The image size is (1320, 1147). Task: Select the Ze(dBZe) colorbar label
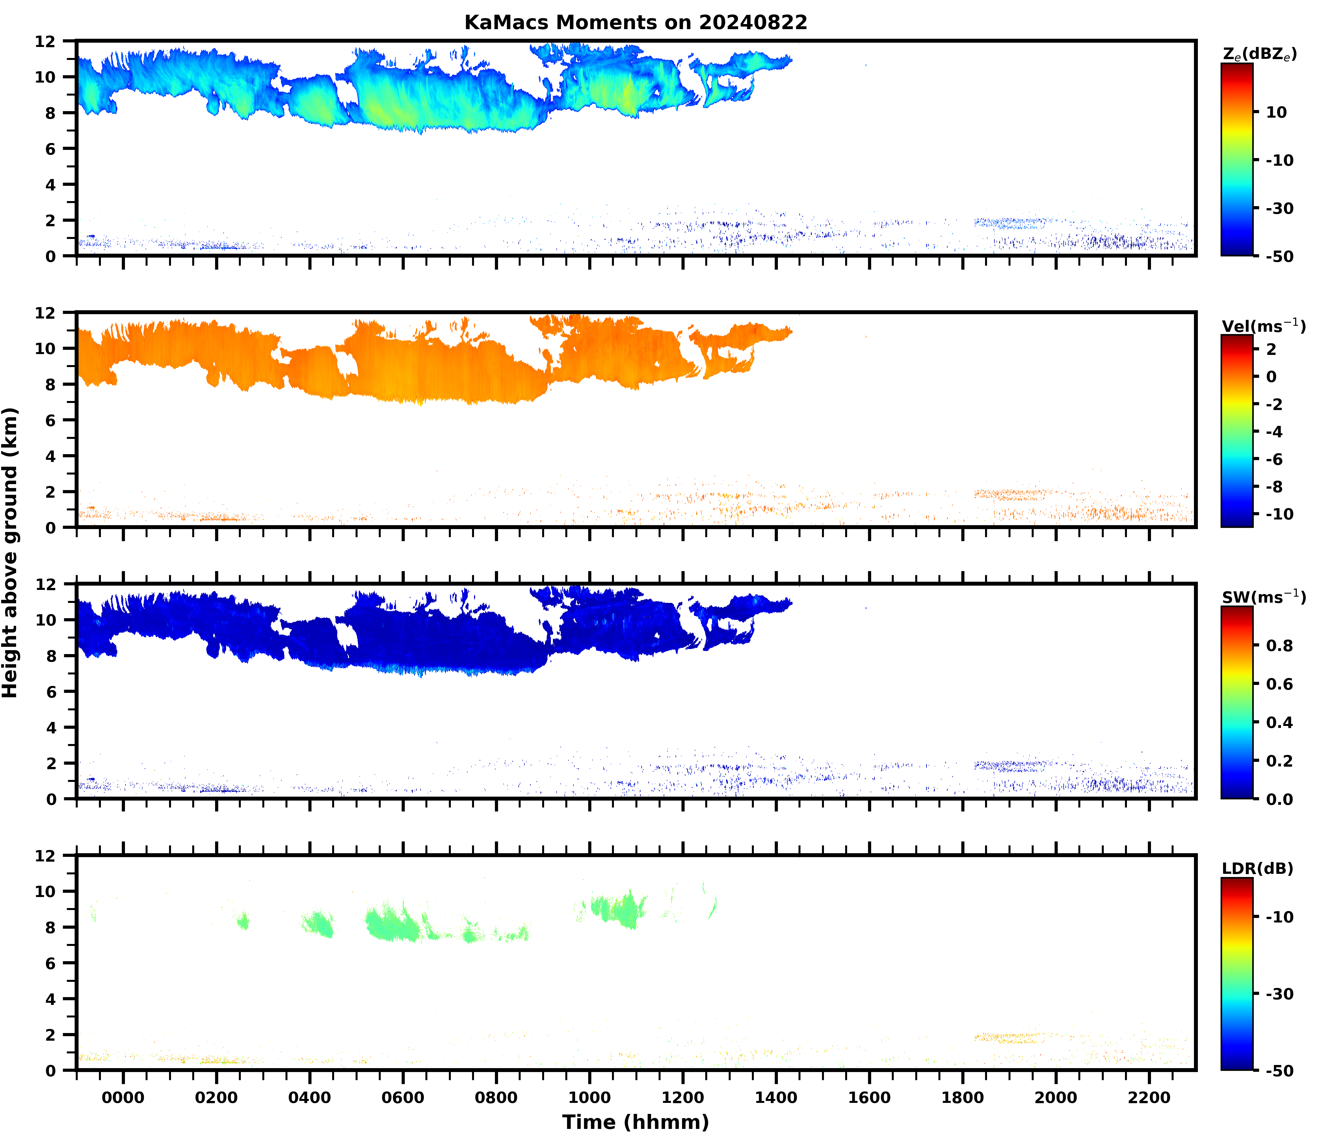click(1259, 54)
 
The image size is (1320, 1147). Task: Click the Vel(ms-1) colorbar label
click(1263, 326)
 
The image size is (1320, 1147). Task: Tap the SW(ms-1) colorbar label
click(1263, 597)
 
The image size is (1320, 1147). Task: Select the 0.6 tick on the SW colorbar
click(1280, 684)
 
